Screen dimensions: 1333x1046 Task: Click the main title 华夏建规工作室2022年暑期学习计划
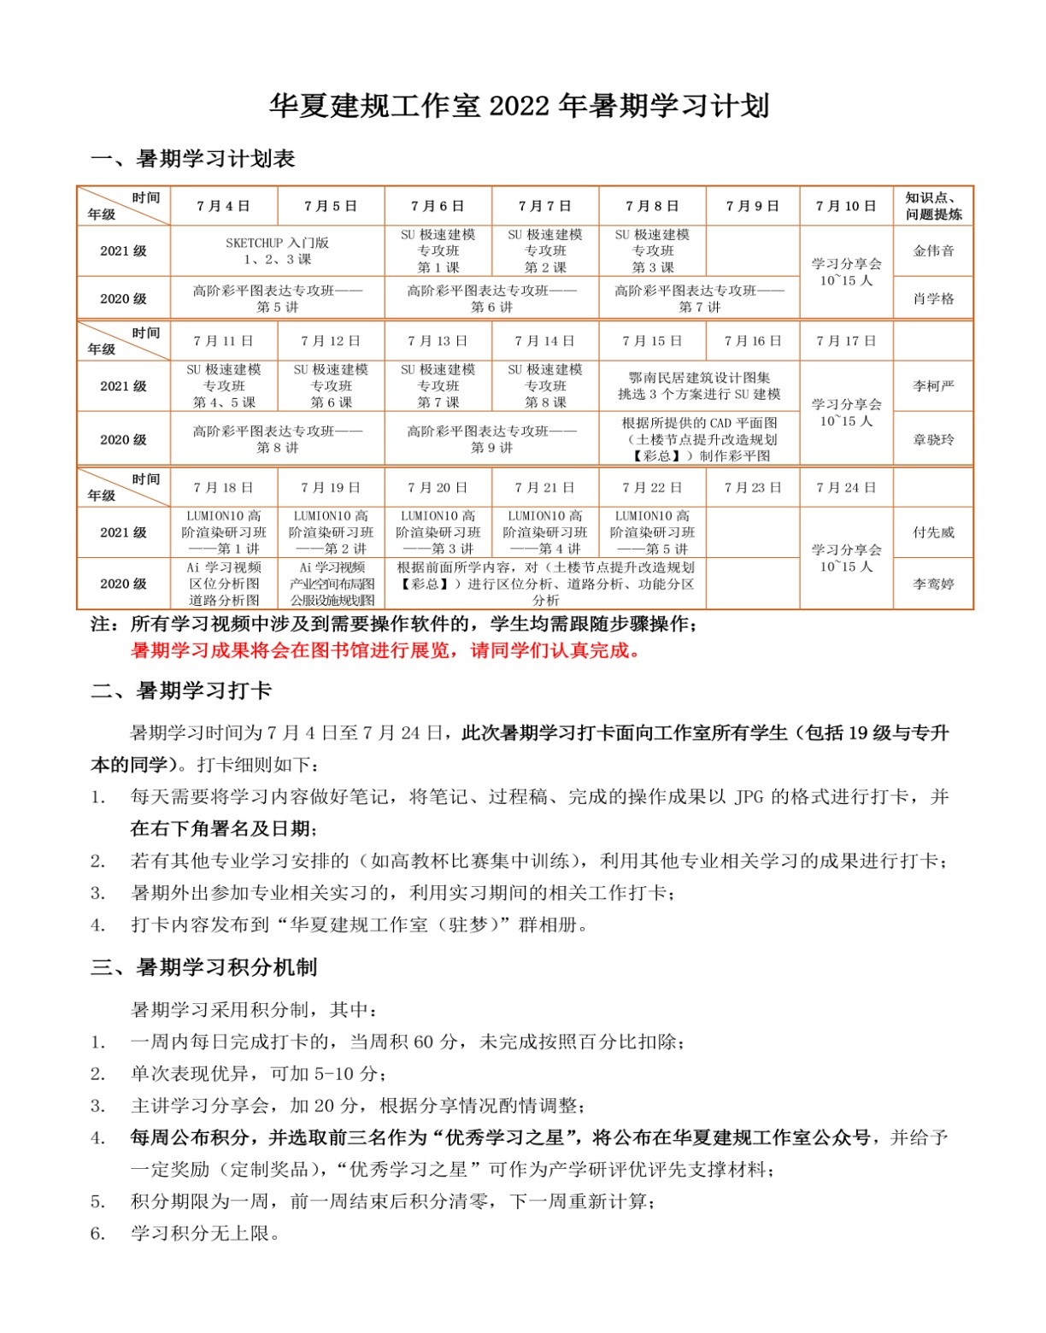(520, 105)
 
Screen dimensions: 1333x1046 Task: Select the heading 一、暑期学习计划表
(193, 159)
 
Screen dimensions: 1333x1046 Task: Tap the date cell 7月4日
(223, 206)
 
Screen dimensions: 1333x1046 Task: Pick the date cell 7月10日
(845, 206)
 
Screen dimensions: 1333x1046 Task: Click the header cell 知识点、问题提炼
(933, 206)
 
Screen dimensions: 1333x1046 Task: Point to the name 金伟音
(933, 250)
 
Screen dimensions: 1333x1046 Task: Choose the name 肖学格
(933, 298)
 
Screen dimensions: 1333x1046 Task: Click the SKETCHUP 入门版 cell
(277, 250)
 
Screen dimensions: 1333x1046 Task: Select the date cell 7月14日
(544, 341)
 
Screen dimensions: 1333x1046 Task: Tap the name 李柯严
(933, 386)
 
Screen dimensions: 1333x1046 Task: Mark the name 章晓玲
(933, 439)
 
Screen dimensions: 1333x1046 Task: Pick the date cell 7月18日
(223, 488)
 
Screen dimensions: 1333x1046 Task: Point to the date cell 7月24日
(845, 488)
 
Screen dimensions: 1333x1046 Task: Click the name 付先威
(933, 532)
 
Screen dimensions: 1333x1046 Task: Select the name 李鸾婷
(933, 584)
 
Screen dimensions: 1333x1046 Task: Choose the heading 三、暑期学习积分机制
(204, 967)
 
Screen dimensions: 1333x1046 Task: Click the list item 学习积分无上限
(205, 1233)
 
